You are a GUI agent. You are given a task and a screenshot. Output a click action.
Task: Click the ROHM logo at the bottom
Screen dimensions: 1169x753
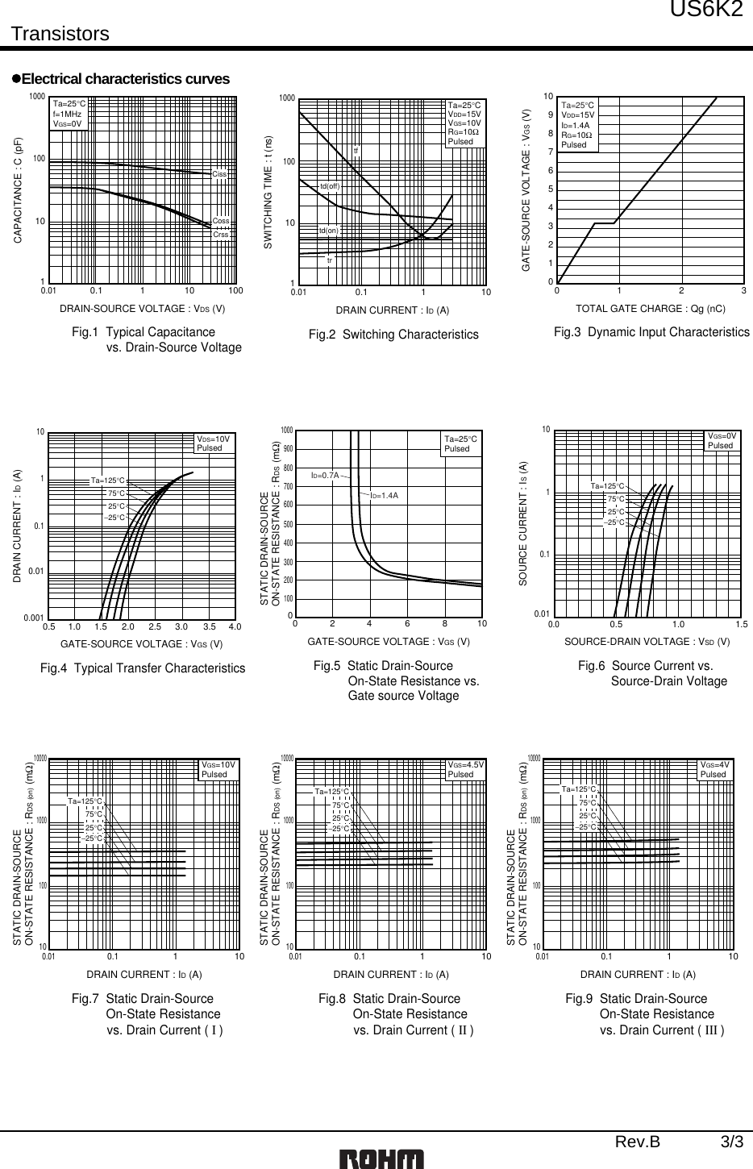pyautogui.click(x=381, y=1159)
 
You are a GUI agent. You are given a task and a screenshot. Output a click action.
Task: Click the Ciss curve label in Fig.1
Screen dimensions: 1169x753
pyautogui.click(x=218, y=174)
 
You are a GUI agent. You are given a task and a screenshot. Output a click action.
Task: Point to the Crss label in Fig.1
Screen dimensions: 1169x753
pyautogui.click(x=218, y=234)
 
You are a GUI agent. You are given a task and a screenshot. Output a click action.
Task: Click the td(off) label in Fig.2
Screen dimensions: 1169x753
pyautogui.click(x=330, y=186)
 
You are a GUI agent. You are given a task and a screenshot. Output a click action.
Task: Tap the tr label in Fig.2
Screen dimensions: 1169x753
pyautogui.click(x=330, y=260)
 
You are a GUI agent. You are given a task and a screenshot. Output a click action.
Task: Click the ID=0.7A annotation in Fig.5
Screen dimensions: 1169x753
pyautogui.click(x=325, y=476)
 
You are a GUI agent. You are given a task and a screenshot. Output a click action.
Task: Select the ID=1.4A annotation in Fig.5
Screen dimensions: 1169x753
pyautogui.click(x=385, y=494)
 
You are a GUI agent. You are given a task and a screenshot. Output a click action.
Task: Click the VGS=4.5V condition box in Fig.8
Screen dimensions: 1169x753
pyautogui.click(x=466, y=769)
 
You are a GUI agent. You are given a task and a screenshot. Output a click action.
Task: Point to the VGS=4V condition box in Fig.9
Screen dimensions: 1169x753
pyautogui.click(x=714, y=769)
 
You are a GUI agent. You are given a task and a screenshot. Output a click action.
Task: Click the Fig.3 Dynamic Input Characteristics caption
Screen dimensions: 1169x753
pyautogui.click(x=651, y=332)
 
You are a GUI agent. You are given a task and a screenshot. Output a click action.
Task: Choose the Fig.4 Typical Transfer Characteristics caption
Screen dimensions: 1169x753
pyautogui.click(x=143, y=668)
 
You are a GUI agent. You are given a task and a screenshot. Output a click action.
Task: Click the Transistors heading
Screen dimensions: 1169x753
pyautogui.click(x=60, y=34)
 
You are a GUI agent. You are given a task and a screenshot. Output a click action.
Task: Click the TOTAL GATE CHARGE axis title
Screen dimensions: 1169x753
pyautogui.click(x=650, y=308)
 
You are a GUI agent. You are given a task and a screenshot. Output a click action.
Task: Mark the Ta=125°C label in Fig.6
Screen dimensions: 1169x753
pyautogui.click(x=607, y=486)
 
